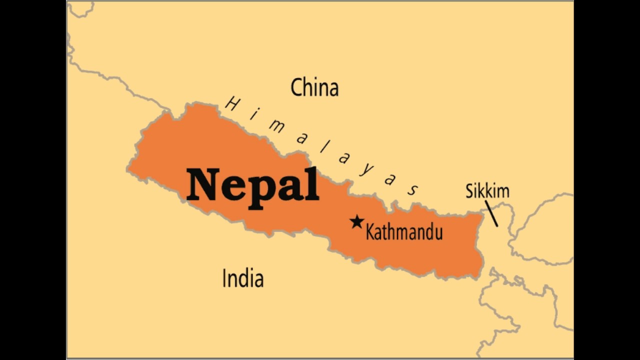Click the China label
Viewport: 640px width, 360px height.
click(314, 87)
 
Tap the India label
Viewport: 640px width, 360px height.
click(242, 278)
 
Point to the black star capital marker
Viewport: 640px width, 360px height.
click(356, 222)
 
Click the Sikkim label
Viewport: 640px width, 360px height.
click(487, 191)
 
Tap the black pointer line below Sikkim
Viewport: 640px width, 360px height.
click(491, 213)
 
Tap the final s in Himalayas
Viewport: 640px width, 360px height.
click(413, 190)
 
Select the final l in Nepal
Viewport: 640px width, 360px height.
click(313, 183)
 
